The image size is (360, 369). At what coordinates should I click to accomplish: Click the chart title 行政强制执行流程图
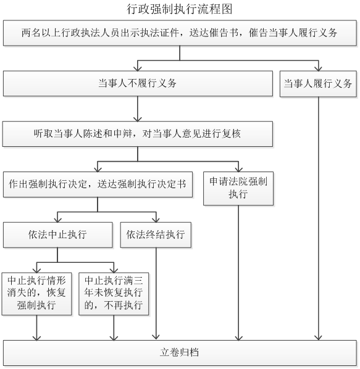pyautogui.click(x=180, y=9)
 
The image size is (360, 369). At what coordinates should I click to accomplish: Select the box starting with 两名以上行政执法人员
pyautogui.click(x=180, y=33)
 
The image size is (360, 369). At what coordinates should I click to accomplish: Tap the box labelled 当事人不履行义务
pyautogui.click(x=138, y=83)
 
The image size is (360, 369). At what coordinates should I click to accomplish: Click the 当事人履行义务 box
pyautogui.click(x=318, y=84)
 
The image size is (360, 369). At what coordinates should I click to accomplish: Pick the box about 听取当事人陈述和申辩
pyautogui.click(x=138, y=134)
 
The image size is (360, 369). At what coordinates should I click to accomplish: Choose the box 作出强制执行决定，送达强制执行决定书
pyautogui.click(x=98, y=184)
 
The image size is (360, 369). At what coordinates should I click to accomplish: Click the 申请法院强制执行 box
pyautogui.click(x=238, y=188)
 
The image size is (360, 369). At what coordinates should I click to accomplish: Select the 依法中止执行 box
pyautogui.click(x=57, y=235)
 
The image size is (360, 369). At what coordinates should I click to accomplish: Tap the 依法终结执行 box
pyautogui.click(x=156, y=235)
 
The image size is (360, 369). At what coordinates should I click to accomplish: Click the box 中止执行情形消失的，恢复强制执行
pyautogui.click(x=36, y=294)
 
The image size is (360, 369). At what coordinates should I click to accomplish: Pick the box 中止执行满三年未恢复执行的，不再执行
pyautogui.click(x=114, y=294)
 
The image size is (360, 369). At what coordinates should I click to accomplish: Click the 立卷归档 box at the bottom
pyautogui.click(x=180, y=353)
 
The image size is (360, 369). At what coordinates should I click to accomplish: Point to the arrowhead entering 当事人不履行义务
pyautogui.click(x=138, y=68)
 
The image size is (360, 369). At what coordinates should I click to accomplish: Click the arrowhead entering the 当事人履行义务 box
pyautogui.click(x=319, y=68)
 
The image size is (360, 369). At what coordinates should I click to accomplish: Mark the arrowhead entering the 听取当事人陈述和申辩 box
pyautogui.click(x=138, y=119)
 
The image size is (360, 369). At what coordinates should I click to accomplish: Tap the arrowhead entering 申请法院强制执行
pyautogui.click(x=238, y=170)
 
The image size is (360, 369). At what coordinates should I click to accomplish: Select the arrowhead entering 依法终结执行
pyautogui.click(x=156, y=220)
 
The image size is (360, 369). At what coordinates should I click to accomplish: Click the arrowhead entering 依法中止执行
pyautogui.click(x=57, y=220)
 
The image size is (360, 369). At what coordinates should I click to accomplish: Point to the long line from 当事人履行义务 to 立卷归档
pyautogui.click(x=319, y=218)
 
